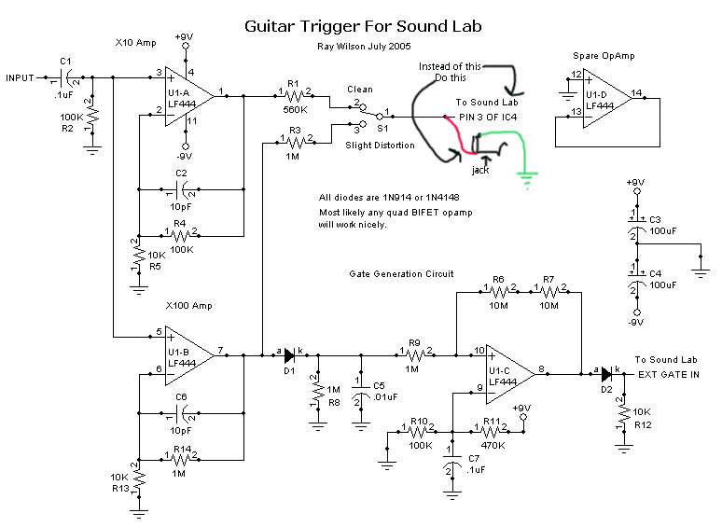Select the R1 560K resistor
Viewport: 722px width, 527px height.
[293, 94]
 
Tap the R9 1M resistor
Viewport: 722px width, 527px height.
[415, 355]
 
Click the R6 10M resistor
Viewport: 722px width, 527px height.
[498, 292]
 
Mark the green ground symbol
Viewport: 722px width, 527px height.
[528, 176]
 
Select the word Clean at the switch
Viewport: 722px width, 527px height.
[359, 90]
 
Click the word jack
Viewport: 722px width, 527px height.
[480, 170]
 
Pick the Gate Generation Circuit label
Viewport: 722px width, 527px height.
[401, 274]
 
